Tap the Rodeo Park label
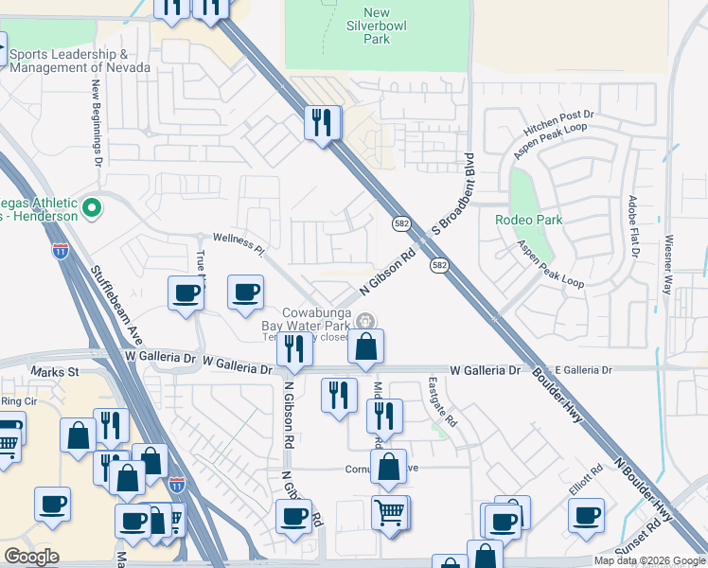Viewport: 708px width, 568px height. point(528,220)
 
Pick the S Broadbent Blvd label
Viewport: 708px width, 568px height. point(452,193)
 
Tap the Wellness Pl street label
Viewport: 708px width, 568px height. point(238,242)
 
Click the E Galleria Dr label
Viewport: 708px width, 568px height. point(584,370)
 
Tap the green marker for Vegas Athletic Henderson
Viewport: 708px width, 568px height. point(92,206)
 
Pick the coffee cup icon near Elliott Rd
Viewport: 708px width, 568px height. point(587,515)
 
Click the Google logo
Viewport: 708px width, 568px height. point(31,557)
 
